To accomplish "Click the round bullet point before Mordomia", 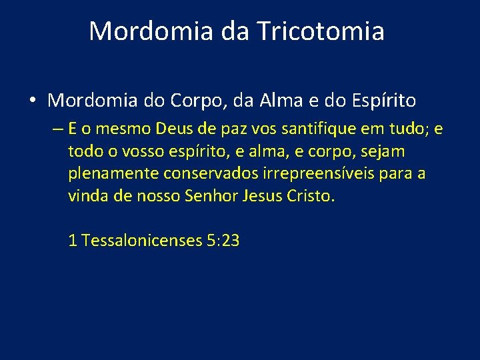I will coord(32,101).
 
